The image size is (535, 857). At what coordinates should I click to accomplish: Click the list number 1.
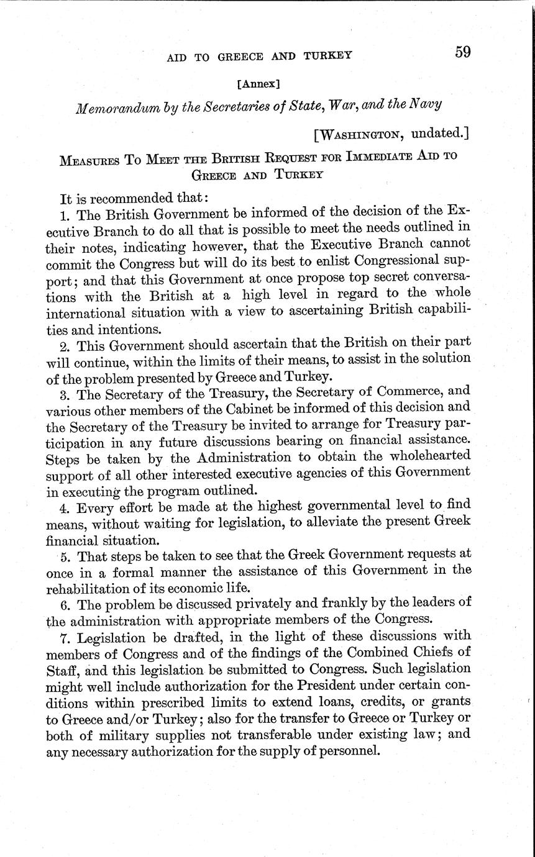pyautogui.click(x=64, y=215)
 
